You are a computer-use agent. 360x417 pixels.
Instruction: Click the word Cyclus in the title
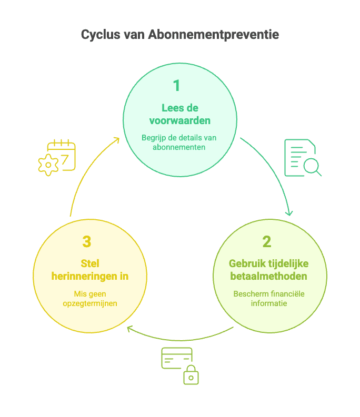coord(100,35)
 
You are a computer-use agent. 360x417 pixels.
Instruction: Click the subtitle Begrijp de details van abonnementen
coord(179,143)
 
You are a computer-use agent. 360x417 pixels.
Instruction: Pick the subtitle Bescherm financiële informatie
coord(268,298)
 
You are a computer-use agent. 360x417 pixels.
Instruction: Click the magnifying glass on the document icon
coord(312,167)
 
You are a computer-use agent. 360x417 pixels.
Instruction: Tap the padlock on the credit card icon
coord(191,375)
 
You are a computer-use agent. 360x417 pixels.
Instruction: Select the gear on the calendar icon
coord(48,165)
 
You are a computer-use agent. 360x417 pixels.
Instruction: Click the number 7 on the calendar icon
coord(66,160)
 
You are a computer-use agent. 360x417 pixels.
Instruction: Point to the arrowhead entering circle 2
coord(289,213)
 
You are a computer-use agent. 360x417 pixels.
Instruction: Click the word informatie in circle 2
coord(268,303)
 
